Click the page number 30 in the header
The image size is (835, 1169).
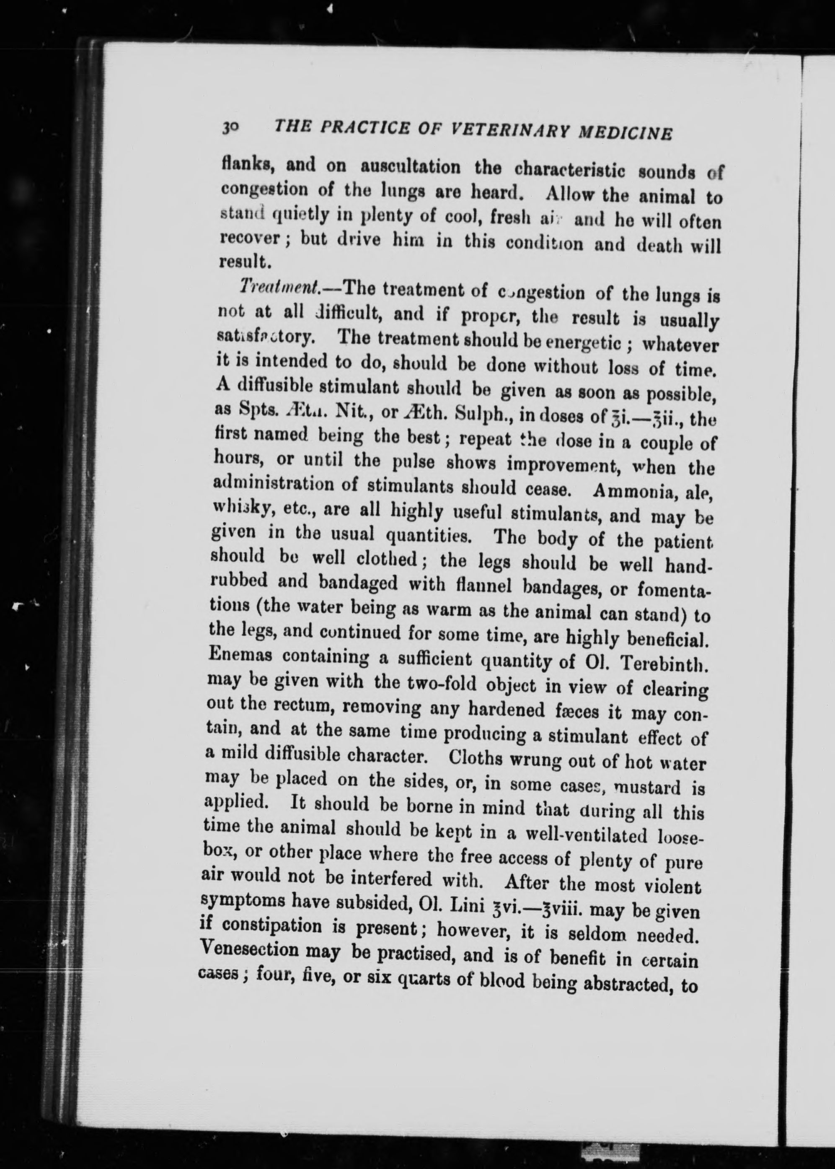229,127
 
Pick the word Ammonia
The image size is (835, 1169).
631,491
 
